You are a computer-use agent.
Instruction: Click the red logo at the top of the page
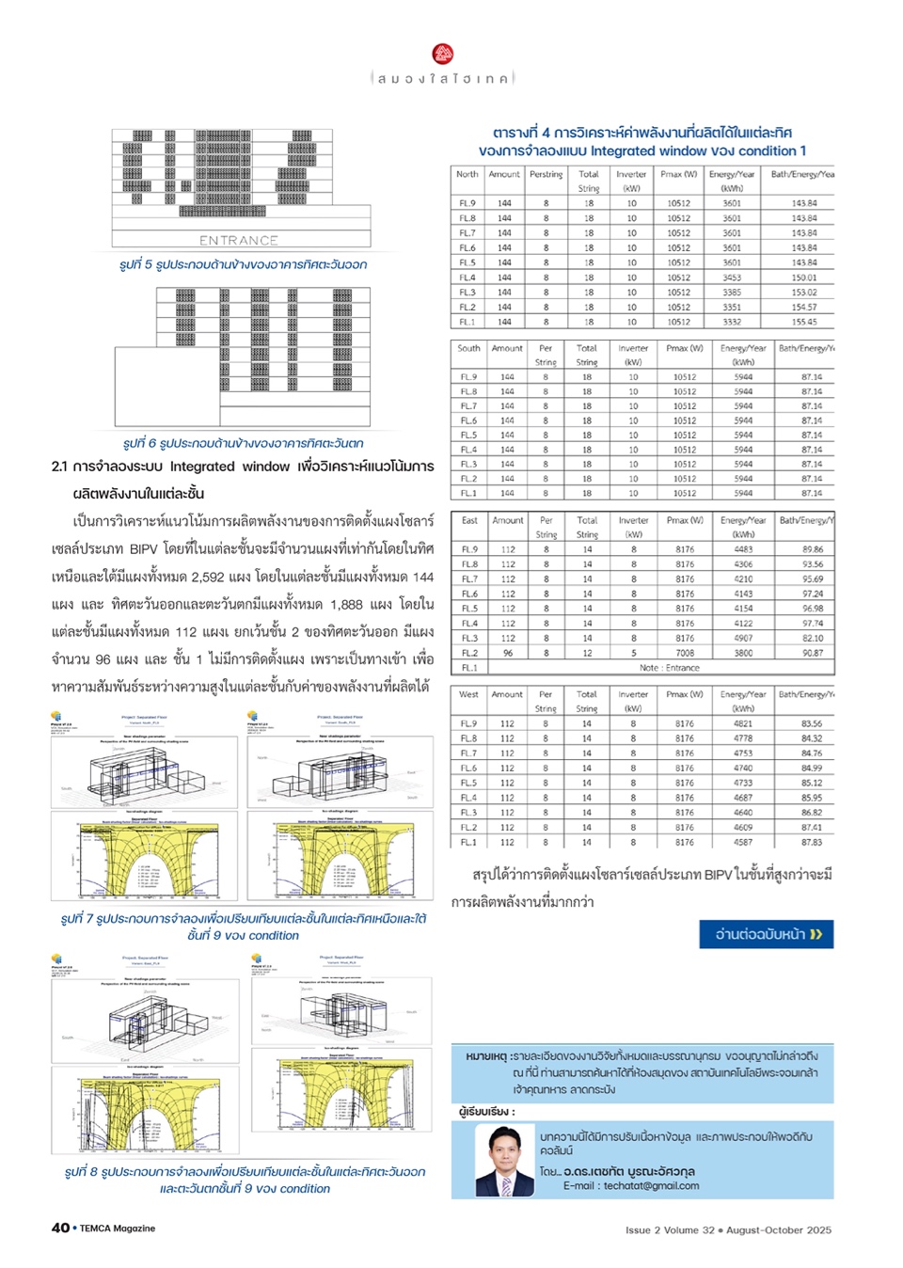443,55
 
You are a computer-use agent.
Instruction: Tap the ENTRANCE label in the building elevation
238,241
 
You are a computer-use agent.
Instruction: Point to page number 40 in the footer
60,1228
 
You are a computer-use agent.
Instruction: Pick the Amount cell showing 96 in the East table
508,653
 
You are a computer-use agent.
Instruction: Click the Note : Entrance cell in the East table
669,668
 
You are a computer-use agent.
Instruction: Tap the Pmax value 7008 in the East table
685,653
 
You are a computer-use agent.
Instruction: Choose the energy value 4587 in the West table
743,843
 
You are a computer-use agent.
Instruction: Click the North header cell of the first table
467,174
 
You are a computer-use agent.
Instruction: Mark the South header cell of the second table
468,348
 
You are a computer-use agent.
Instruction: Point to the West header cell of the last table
468,694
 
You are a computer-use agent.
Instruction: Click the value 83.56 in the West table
811,723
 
